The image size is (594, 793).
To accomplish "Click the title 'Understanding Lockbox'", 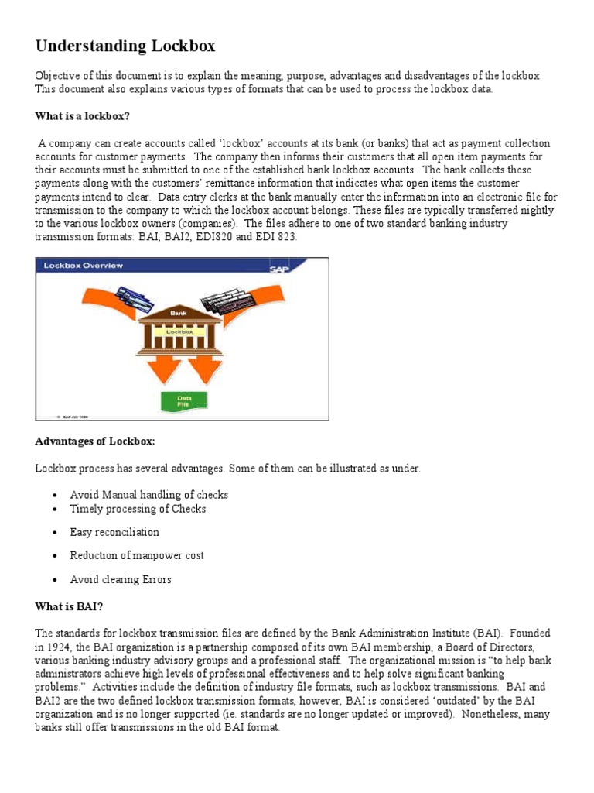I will (125, 46).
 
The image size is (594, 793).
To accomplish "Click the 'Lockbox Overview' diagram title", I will (83, 266).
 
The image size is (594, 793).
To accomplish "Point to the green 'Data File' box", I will (183, 401).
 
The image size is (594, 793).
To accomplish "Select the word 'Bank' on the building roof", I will (179, 313).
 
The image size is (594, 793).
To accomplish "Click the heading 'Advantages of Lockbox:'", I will (95, 441).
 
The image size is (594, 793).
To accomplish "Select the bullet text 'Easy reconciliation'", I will (114, 533).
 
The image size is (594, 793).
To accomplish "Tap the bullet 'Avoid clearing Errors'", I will (121, 580).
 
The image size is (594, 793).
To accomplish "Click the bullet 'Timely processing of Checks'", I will (138, 509).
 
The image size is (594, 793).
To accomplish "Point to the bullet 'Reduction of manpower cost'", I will (137, 556).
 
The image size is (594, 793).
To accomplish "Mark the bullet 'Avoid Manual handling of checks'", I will (148, 495).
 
